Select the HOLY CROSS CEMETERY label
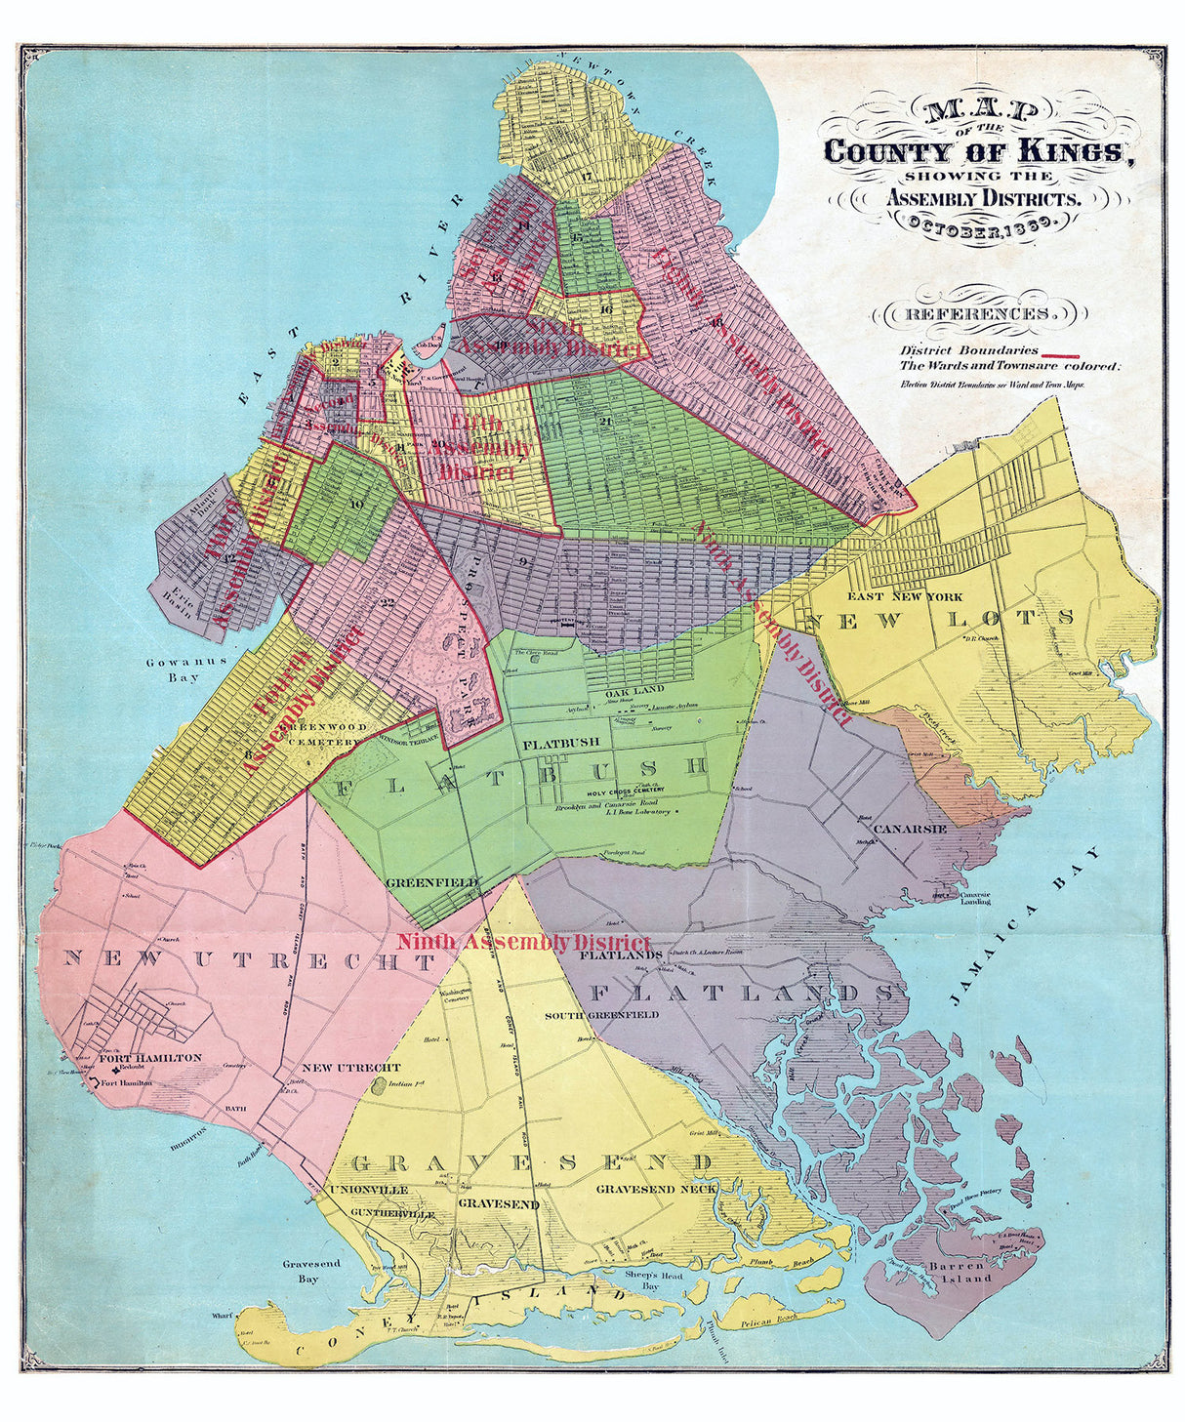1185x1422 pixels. point(626,790)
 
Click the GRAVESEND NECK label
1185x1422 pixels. point(656,1188)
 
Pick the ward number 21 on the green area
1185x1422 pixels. point(605,421)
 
